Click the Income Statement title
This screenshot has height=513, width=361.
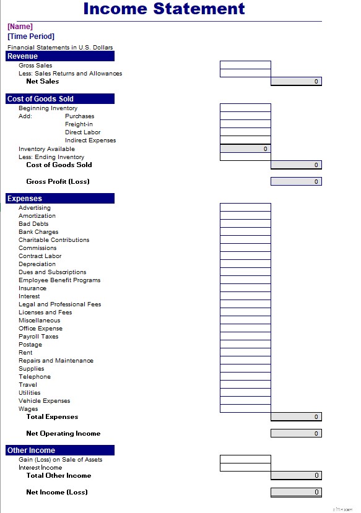pos(164,9)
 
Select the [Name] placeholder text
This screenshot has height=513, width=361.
pos(20,27)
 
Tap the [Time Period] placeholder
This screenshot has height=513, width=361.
pos(31,37)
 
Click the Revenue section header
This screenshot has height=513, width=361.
pos(60,56)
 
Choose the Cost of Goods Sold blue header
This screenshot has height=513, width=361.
pos(60,99)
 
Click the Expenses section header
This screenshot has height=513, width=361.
pos(60,199)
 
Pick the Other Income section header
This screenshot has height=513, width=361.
pos(60,450)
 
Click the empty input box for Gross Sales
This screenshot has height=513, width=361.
pos(245,65)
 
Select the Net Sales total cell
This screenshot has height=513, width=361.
pos(296,81)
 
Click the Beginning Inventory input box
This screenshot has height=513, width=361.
pos(245,108)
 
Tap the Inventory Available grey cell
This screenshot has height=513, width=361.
pos(245,149)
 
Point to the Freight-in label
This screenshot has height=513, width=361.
pos(79,124)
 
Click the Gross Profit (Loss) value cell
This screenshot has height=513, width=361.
pos(296,181)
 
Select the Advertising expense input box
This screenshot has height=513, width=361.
pos(245,207)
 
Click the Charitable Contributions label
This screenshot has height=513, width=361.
pos(54,240)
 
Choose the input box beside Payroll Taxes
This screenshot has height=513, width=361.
pos(245,336)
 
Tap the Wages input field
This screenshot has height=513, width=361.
pos(245,408)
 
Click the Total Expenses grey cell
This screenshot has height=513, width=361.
pos(296,417)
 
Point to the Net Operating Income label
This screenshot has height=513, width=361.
pos(63,434)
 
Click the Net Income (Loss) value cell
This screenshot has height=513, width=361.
pos(296,492)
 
